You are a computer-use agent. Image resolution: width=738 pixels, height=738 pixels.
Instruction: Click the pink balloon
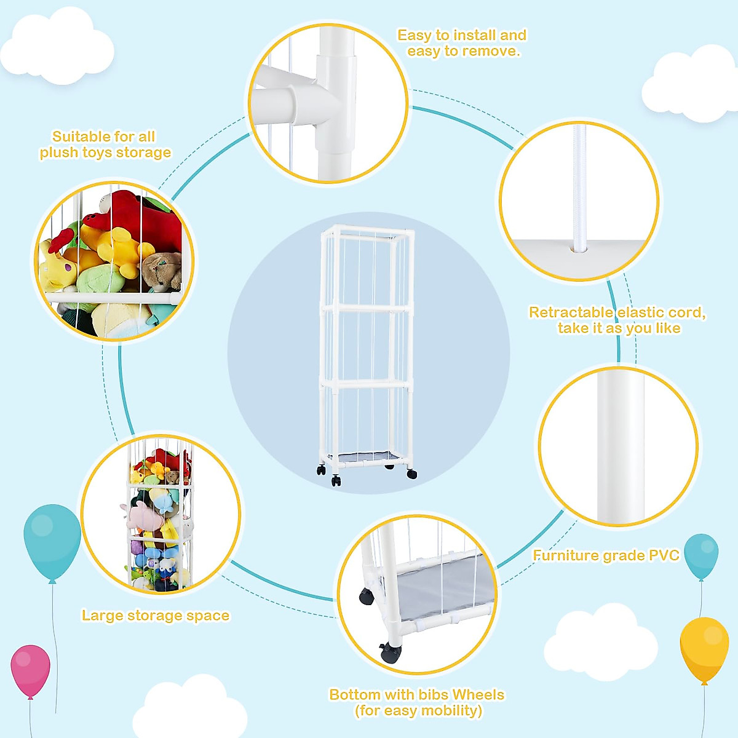30,670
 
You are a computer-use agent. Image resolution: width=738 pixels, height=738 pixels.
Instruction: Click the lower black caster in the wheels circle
389,651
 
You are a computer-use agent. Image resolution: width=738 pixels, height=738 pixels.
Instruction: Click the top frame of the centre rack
367,231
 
